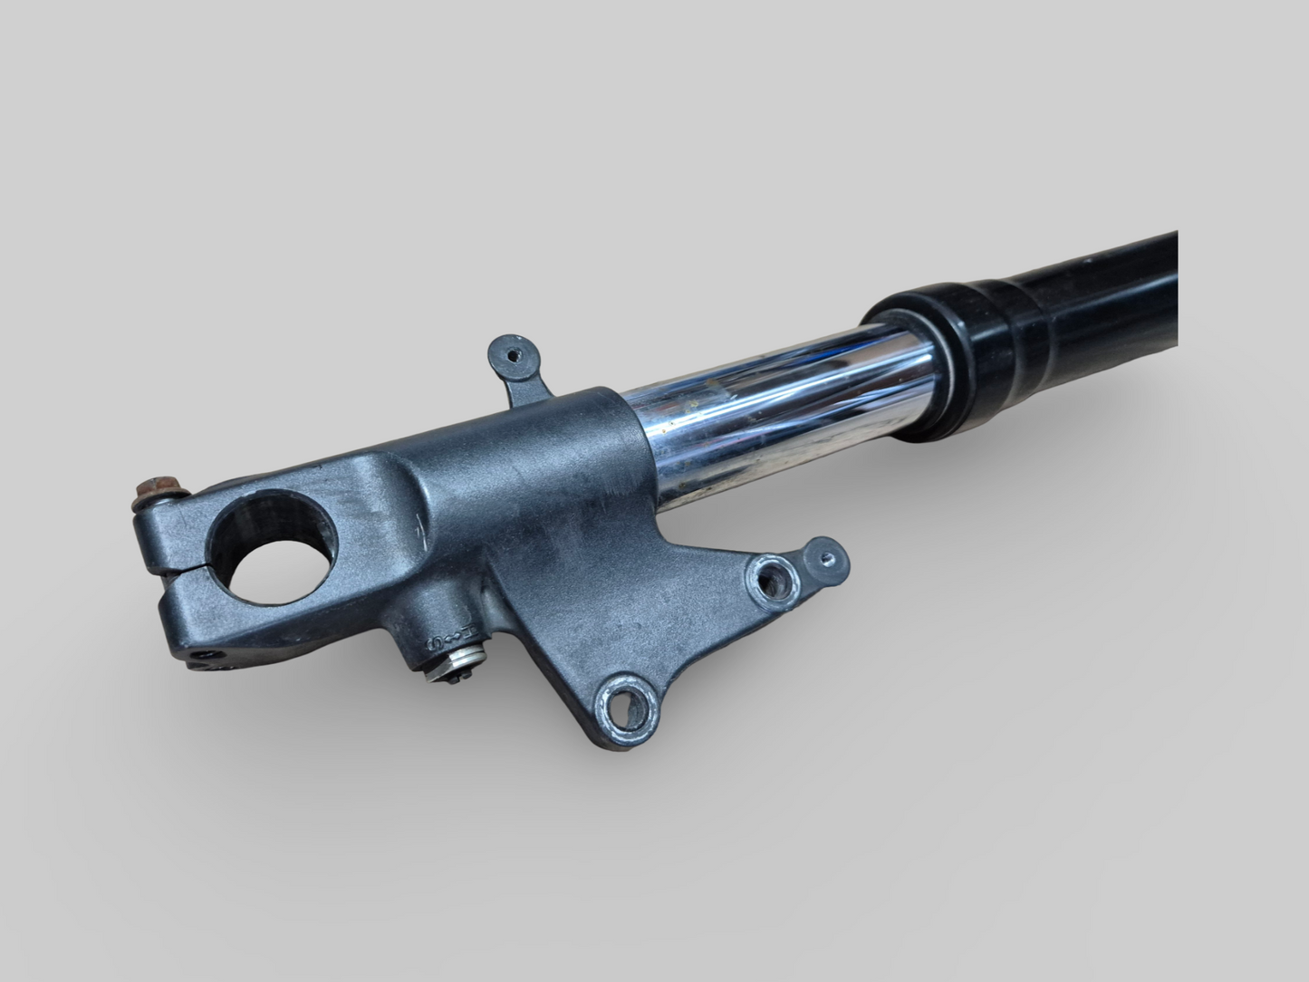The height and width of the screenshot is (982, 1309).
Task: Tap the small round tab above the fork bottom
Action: point(511,353)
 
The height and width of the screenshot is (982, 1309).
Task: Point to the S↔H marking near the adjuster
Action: point(438,644)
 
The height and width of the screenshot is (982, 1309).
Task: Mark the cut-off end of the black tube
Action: point(1174,290)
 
